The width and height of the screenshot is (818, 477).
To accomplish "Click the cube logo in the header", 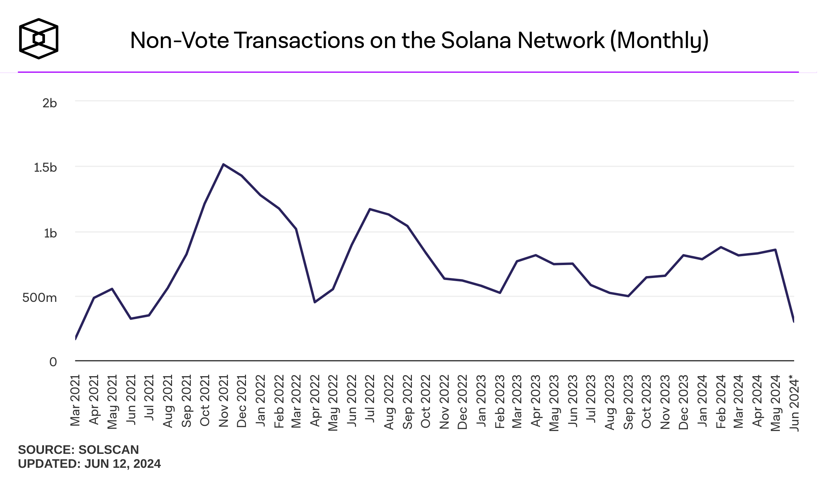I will (38, 39).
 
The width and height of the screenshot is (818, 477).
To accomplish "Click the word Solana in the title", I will (476, 41).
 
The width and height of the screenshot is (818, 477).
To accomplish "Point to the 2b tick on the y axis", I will (49, 103).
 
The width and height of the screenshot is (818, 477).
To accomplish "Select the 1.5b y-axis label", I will (45, 168).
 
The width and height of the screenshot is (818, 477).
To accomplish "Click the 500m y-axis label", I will (40, 298).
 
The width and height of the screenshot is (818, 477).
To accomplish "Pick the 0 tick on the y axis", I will (53, 362).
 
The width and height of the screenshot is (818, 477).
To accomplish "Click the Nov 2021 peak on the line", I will (223, 165).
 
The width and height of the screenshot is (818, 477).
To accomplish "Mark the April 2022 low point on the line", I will (315, 302).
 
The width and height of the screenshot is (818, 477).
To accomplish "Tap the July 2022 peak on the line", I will (370, 209).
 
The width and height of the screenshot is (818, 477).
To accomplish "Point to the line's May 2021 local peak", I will (112, 289).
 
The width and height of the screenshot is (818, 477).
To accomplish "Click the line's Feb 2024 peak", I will (721, 247).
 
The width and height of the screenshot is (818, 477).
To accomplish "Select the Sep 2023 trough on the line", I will (628, 296).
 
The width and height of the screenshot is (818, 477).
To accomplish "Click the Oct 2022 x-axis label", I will (426, 401).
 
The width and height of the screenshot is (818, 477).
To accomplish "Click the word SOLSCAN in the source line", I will (109, 450).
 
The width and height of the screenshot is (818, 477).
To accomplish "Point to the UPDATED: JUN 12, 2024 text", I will (89, 464).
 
